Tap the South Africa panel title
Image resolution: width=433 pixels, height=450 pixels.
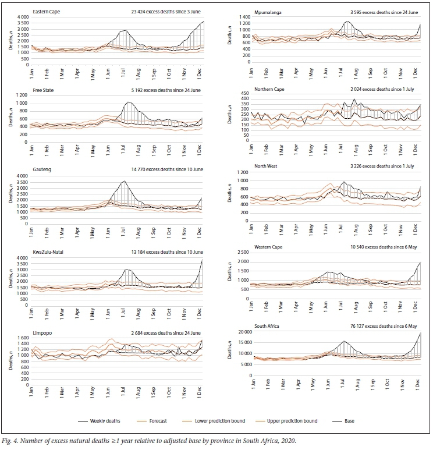268,327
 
